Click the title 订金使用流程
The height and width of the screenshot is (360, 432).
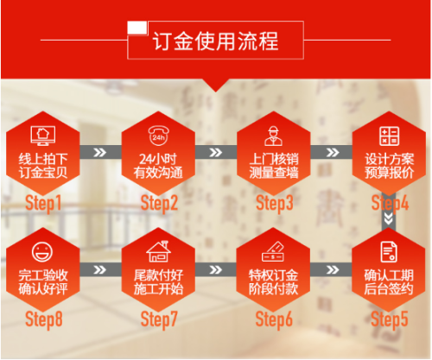(x=215, y=41)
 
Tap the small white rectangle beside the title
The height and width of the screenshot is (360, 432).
(x=137, y=28)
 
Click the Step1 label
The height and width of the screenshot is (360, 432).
(x=43, y=204)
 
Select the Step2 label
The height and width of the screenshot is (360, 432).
(x=159, y=204)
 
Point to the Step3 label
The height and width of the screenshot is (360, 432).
(x=275, y=204)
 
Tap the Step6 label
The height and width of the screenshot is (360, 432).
(x=274, y=319)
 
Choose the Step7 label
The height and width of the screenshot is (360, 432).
(x=159, y=319)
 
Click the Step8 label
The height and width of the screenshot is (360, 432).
(x=44, y=319)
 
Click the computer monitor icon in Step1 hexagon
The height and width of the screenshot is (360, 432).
(x=43, y=136)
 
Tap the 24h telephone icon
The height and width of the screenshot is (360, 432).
(x=158, y=136)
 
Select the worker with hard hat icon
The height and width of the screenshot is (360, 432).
(x=273, y=136)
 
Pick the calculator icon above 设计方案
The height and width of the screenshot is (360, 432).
(x=389, y=136)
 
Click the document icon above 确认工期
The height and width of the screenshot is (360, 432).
(x=389, y=252)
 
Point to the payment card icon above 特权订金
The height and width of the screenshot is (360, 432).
(x=273, y=252)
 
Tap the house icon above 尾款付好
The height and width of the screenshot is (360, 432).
(x=158, y=251)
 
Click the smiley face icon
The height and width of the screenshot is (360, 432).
(x=42, y=252)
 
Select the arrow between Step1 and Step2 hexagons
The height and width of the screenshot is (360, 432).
(x=100, y=152)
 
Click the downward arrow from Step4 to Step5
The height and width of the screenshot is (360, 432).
(x=389, y=218)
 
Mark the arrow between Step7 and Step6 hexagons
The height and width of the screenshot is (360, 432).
(x=215, y=269)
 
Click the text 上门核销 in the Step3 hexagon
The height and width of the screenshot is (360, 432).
(x=274, y=159)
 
